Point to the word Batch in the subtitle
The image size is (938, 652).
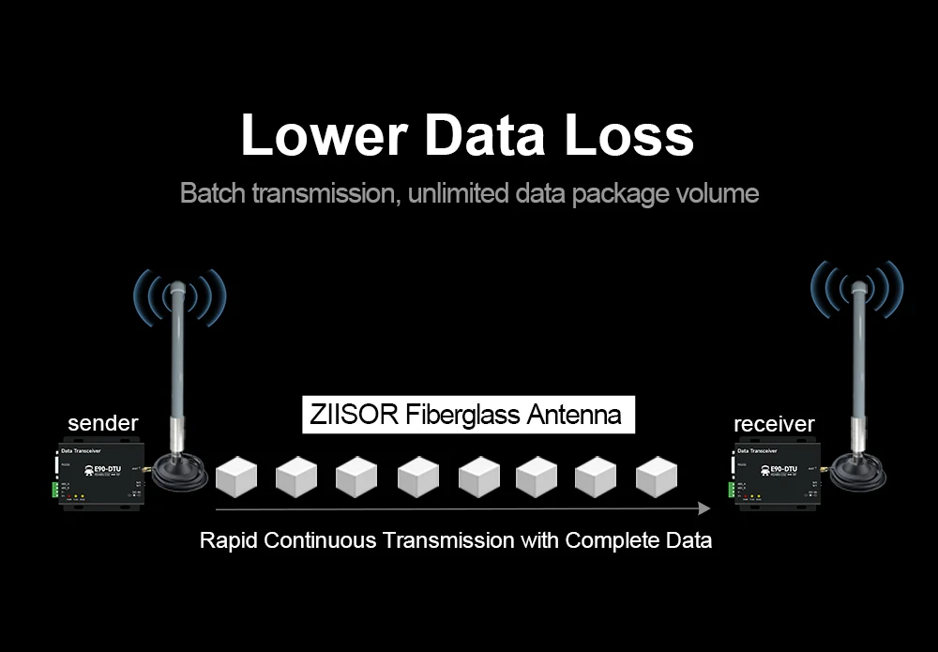[x=209, y=194]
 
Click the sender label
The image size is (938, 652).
[x=103, y=423]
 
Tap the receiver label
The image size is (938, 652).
[x=774, y=424]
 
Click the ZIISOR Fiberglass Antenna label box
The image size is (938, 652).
[x=468, y=415]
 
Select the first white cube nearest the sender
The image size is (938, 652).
[x=236, y=477]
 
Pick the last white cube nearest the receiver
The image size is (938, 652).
[x=657, y=477]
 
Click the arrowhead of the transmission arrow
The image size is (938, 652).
[x=704, y=508]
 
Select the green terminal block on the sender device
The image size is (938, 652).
[x=55, y=490]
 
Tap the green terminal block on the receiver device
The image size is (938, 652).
[x=731, y=489]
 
